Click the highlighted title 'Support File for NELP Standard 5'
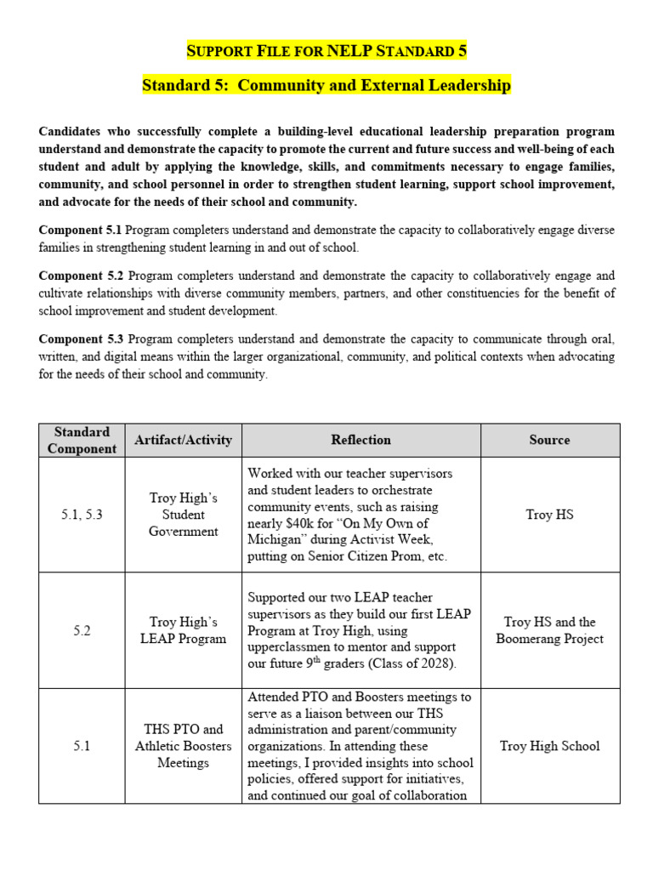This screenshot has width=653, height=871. click(326, 51)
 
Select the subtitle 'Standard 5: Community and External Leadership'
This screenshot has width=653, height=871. click(326, 86)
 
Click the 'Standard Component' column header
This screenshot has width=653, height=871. click(82, 440)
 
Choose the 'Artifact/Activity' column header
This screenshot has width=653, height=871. click(183, 440)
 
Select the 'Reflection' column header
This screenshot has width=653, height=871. click(361, 440)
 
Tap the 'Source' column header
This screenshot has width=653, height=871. click(549, 440)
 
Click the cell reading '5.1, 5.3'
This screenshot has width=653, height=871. click(82, 515)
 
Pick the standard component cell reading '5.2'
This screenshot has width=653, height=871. click(82, 630)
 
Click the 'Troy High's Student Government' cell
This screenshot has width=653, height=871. click(183, 515)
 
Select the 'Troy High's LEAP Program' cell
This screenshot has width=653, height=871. click(183, 630)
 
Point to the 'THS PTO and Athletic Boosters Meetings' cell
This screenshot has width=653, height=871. click(183, 746)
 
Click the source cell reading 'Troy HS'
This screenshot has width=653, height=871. click(549, 515)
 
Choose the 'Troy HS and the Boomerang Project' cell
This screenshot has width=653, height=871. click(549, 630)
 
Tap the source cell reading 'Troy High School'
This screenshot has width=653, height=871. click(549, 746)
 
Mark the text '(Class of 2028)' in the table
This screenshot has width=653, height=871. click(406, 663)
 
